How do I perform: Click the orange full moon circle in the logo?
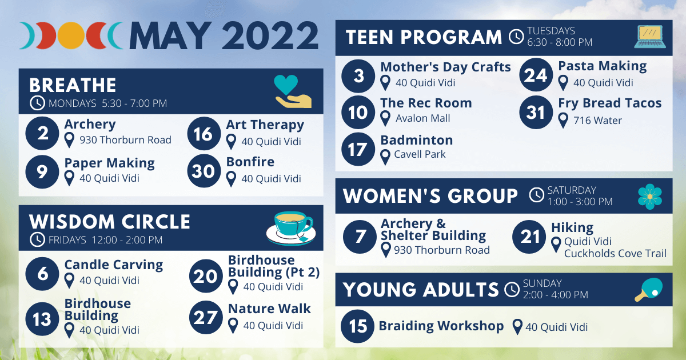pyautogui.click(x=71, y=36)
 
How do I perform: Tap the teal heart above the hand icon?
pyautogui.click(x=286, y=85)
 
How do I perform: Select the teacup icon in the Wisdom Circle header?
pyautogui.click(x=291, y=228)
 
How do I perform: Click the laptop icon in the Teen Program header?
pyautogui.click(x=650, y=37)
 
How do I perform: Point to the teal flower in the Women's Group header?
pyautogui.click(x=650, y=197)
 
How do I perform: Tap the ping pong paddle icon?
pyautogui.click(x=649, y=289)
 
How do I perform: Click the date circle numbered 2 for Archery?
pyautogui.click(x=42, y=133)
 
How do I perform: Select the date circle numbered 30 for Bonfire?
pyautogui.click(x=204, y=170)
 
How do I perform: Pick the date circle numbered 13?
pyautogui.click(x=42, y=319)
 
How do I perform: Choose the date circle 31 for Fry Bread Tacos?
pyautogui.click(x=536, y=112)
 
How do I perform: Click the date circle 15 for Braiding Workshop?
pyautogui.click(x=357, y=326)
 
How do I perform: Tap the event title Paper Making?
pyautogui.click(x=109, y=163)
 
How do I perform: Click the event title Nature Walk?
pyautogui.click(x=269, y=309)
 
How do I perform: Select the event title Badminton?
pyautogui.click(x=417, y=140)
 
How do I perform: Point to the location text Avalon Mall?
pyautogui.click(x=422, y=118)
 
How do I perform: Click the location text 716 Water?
pyautogui.click(x=597, y=121)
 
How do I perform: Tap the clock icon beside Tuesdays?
pyautogui.click(x=516, y=37)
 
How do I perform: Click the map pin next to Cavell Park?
pyautogui.click(x=385, y=157)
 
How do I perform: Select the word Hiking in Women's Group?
pyautogui.click(x=572, y=228)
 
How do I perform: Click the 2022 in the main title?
pyautogui.click(x=270, y=36)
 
